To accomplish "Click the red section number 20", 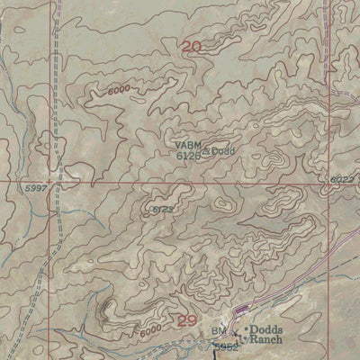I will pyautogui.click(x=191, y=47).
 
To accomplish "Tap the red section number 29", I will pyautogui.click(x=186, y=319).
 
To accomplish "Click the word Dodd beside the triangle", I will pyautogui.click(x=223, y=151).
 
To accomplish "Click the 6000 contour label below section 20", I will pyautogui.click(x=119, y=89).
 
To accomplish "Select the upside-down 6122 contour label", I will pyautogui.click(x=162, y=210).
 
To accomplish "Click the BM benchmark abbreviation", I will pyautogui.click(x=220, y=333).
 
